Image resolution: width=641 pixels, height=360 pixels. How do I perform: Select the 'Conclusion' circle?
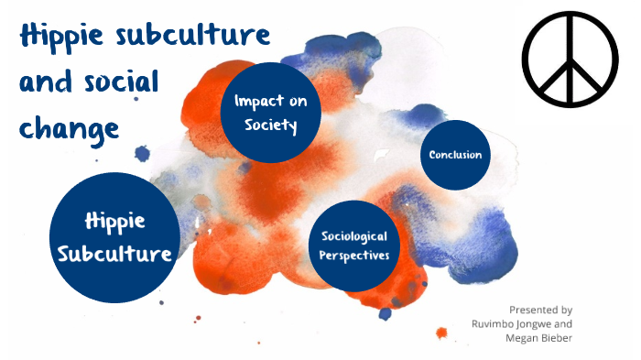coord(455,155)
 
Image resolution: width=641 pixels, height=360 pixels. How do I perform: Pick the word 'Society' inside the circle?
coord(271,125)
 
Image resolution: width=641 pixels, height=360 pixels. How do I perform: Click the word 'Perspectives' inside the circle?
coord(354,255)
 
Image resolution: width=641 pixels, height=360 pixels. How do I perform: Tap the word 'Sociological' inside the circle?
coord(354,236)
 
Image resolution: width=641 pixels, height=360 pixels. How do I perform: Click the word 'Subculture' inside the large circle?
coord(114,253)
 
